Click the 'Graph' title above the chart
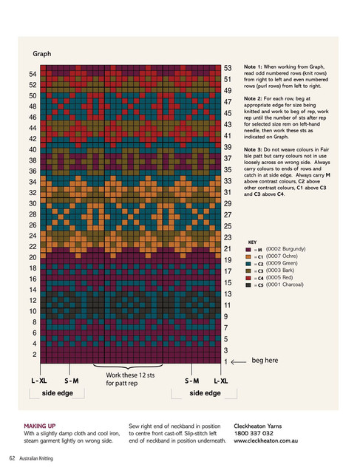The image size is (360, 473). (x=42, y=54)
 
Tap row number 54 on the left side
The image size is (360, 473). (x=33, y=74)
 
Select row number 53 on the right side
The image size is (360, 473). (x=228, y=68)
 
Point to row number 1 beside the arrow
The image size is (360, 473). (x=225, y=361)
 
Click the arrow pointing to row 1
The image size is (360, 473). (x=239, y=362)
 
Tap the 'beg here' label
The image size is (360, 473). (x=265, y=360)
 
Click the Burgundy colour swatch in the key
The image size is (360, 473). (x=248, y=250)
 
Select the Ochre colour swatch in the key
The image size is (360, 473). (x=248, y=256)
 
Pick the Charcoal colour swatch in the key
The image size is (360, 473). (x=248, y=285)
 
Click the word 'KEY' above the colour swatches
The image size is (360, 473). (x=252, y=242)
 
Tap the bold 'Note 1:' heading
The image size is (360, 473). (x=253, y=67)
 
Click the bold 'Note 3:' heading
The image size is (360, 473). (x=253, y=149)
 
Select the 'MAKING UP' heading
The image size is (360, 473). (x=40, y=426)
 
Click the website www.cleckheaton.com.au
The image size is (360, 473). (x=265, y=440)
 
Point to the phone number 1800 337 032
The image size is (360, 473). (x=254, y=434)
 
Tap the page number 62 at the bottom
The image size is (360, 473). (x=12, y=458)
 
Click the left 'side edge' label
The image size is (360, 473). (x=58, y=393)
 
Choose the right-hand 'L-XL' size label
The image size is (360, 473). (x=221, y=381)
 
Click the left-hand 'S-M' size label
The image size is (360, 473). (x=72, y=381)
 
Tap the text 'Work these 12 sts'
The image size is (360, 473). (x=130, y=375)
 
